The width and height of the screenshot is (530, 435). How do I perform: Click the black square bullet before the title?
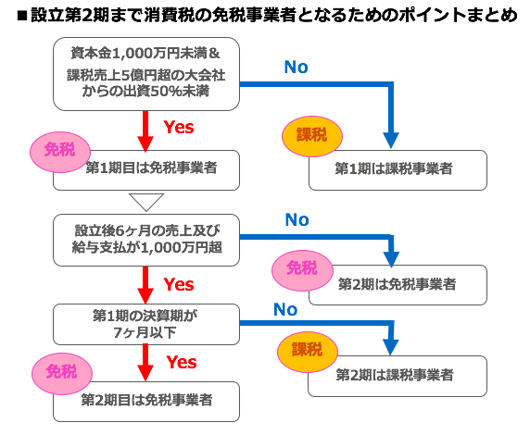21,16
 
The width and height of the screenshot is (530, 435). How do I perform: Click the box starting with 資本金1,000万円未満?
146,74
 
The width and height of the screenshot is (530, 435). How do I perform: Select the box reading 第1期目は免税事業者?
146,170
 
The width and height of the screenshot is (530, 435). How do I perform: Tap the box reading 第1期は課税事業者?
397,170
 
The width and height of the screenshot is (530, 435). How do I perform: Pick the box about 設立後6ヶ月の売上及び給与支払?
146,240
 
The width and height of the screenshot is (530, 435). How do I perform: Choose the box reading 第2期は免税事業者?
397,285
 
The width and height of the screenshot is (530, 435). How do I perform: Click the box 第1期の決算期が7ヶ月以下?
146,324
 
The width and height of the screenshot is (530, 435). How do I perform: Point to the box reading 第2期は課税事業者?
397,376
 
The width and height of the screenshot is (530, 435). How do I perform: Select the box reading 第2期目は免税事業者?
146,402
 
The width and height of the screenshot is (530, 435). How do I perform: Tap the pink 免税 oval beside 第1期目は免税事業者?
60,152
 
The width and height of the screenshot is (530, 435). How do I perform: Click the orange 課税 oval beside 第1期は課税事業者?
312,136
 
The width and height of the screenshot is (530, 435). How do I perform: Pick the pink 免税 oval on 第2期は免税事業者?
302,270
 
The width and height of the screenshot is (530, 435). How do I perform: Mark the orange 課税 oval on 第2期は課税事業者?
308,352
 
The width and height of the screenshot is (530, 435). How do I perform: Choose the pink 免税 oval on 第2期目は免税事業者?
62,374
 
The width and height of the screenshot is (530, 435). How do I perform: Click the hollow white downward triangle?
146,203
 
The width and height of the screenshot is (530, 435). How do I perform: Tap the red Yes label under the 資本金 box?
179,128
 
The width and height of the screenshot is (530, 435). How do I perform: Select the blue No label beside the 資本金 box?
297,67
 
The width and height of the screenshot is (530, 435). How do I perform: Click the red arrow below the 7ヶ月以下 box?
145,363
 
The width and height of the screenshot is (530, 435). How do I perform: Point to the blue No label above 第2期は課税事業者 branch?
285,309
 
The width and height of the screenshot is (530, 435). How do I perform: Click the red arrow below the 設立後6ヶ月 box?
145,285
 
